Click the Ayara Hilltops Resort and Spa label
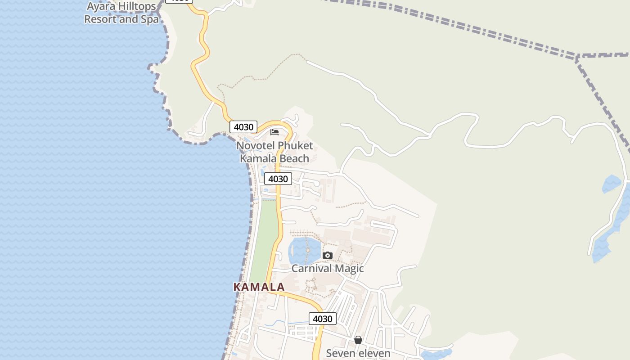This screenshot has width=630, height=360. click(121, 13)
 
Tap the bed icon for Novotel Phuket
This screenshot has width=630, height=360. click(274, 132)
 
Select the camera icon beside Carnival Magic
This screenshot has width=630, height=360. click(328, 256)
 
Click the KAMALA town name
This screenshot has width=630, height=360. click(259, 287)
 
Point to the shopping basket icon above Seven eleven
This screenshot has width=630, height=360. click(358, 340)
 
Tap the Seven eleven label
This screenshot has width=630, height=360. click(358, 353)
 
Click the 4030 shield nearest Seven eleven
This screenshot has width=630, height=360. click(323, 319)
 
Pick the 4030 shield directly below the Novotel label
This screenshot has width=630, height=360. click(278, 179)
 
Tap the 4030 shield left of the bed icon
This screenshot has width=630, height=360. click(243, 127)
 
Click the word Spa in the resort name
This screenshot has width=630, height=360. click(150, 19)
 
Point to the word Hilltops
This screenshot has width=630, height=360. click(134, 6)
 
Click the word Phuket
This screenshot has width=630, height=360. click(295, 146)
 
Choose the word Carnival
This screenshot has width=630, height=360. click(311, 269)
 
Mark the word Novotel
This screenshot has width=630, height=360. click(255, 146)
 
